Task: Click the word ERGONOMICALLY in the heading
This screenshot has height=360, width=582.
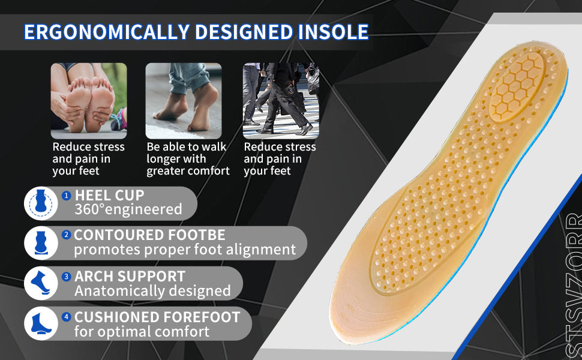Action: (107, 32)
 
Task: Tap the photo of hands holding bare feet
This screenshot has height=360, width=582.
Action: (89, 101)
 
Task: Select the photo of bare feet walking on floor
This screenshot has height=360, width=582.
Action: (184, 101)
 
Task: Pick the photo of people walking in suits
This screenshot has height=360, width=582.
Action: (281, 101)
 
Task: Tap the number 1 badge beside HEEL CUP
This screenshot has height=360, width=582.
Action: (67, 196)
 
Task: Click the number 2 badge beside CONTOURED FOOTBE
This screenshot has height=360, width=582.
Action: (67, 235)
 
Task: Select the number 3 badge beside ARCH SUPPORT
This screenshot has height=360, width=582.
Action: (67, 277)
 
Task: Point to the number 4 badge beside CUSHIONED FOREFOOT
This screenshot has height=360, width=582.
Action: (67, 317)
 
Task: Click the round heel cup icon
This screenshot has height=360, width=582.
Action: (41, 203)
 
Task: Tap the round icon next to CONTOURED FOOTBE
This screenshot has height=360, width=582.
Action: (41, 243)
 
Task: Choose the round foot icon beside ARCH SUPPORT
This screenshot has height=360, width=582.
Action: (41, 283)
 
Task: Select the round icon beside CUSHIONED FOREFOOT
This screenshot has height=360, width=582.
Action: (41, 323)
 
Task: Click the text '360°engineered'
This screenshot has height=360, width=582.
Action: (128, 209)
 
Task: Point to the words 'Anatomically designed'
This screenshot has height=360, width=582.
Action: (152, 291)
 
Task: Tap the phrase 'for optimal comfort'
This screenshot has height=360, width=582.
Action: (142, 331)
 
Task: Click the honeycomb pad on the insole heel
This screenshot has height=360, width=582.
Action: (517, 86)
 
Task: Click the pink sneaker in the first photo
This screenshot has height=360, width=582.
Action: (119, 119)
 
